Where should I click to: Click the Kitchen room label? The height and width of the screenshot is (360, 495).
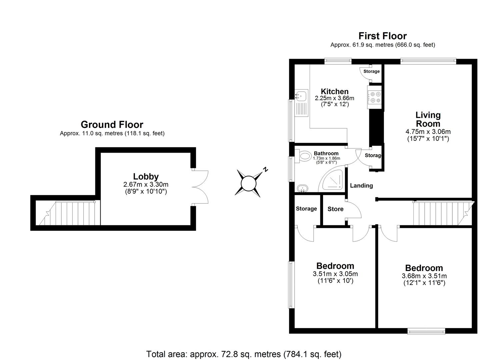click(x=334, y=91)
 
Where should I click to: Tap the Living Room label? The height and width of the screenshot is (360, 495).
click(x=428, y=119)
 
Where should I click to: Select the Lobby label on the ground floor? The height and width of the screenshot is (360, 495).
click(x=146, y=176)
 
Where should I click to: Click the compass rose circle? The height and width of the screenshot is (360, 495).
click(x=248, y=184)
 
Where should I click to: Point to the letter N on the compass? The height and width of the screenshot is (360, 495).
click(x=266, y=169)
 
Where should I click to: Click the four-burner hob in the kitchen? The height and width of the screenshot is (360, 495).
click(x=375, y=97)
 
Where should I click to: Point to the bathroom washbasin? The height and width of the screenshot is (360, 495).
click(x=303, y=189)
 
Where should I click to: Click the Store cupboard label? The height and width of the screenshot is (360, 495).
click(x=335, y=209)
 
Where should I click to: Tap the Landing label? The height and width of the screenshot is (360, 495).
click(x=361, y=186)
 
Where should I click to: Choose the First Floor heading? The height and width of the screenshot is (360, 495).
click(x=382, y=36)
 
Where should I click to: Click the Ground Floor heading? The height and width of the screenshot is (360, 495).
click(x=112, y=124)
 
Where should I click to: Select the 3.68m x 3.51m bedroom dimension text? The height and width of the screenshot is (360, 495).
click(x=424, y=276)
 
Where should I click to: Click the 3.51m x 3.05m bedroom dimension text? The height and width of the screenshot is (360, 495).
click(x=335, y=274)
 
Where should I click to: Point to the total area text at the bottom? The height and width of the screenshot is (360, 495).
click(x=244, y=354)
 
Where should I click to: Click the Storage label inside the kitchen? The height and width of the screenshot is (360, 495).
click(x=371, y=71)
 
